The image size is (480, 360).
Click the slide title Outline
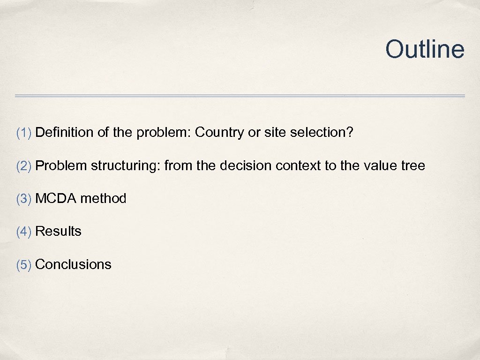[x=425, y=49]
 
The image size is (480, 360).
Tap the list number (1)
[x=24, y=133]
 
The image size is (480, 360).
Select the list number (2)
[x=24, y=165]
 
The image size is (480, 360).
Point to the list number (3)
[x=24, y=199]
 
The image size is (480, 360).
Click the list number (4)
[x=24, y=232]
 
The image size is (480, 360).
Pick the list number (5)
[x=24, y=264]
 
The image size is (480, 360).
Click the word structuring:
[x=126, y=165]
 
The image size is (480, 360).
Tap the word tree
[x=413, y=165]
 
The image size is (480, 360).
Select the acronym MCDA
[x=56, y=199]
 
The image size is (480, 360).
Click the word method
[x=103, y=199]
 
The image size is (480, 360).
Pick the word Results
[x=58, y=232]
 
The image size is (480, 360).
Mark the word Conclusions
[x=73, y=264]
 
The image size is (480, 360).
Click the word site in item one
[x=275, y=133]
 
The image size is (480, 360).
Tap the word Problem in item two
[x=61, y=165]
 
